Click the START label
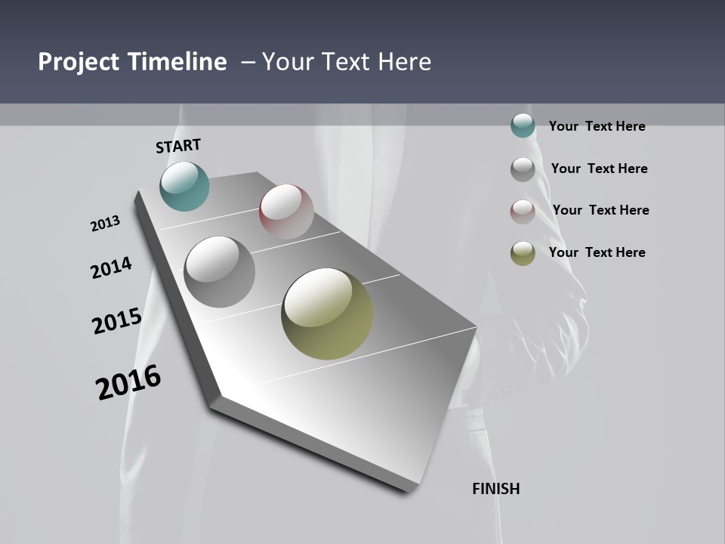coord(178,146)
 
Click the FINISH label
coord(495,489)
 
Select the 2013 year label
coord(105,224)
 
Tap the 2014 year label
coord(111,267)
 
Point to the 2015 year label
coord(116,321)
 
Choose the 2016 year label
coord(128,382)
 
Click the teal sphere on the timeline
coord(184,186)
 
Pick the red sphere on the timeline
coord(286,211)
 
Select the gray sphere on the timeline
coord(219,271)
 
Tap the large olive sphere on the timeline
coord(327,314)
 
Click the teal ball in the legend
coord(523,125)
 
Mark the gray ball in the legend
coord(523,168)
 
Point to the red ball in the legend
coord(523,211)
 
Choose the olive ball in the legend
coord(523,253)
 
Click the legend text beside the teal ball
coord(597,126)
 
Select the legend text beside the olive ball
coord(597,252)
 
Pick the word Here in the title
coord(406,62)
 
